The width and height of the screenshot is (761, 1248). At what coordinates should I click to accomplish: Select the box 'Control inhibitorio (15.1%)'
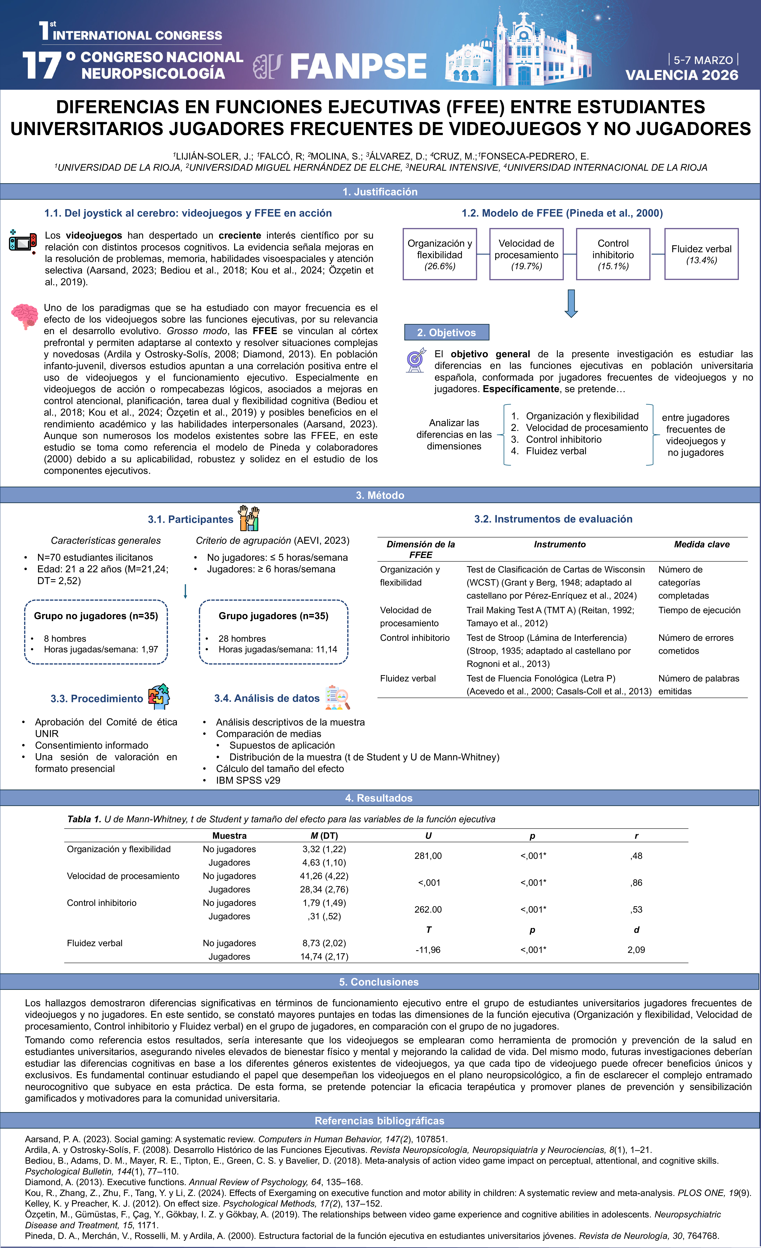613,254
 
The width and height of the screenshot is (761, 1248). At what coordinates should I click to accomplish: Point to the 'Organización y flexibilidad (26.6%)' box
439,254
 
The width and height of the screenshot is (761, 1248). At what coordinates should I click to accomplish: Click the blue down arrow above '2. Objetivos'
571,303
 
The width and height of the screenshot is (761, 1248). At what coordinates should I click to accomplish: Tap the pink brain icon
24,316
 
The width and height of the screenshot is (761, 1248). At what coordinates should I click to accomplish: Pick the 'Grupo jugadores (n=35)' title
273,616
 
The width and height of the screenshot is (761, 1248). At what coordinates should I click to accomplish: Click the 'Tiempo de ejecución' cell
699,610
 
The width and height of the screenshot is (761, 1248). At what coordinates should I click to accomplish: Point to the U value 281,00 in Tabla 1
428,856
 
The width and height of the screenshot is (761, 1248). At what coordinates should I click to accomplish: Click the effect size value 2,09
636,950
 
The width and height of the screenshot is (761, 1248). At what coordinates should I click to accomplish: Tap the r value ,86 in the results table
636,882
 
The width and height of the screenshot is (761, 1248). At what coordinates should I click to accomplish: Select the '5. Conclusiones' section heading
379,982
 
